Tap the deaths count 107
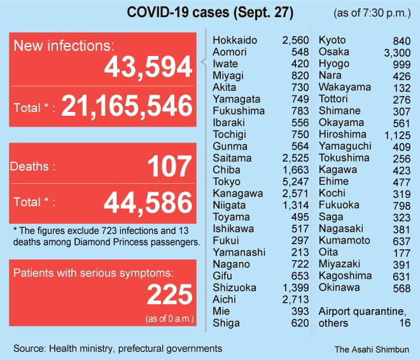point(169,167)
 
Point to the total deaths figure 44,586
point(147,204)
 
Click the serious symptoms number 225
point(169,294)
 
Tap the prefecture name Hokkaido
point(235,40)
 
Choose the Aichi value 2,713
point(295,300)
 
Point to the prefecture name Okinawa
point(339,287)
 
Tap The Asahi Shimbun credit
point(372,349)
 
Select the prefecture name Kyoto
point(332,40)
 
